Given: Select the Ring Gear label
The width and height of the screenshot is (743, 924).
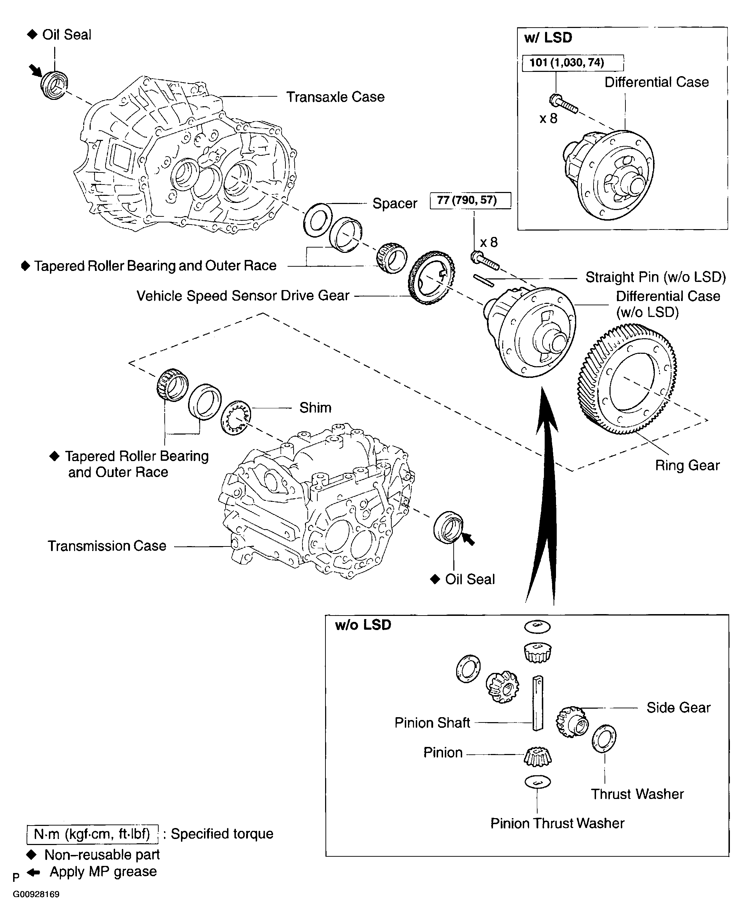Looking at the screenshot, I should (x=687, y=465).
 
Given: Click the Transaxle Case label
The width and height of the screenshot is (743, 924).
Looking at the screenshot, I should (x=335, y=97).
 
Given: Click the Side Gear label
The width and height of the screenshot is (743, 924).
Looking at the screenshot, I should (x=678, y=708).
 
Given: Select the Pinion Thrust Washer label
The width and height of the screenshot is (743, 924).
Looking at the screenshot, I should (x=557, y=823).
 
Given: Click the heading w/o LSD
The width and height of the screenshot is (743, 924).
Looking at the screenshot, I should (x=363, y=625).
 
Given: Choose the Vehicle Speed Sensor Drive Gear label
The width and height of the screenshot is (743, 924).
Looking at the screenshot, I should (x=243, y=296).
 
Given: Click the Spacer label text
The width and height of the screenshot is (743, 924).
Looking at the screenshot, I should (x=395, y=203).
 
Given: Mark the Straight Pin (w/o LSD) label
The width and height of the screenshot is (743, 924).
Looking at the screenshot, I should (x=655, y=277).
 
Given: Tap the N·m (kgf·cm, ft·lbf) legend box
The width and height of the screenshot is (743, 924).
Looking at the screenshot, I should (x=92, y=834).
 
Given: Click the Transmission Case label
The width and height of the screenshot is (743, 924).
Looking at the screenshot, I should (x=107, y=546).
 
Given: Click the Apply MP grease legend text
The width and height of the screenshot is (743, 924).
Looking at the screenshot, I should (x=103, y=872).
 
